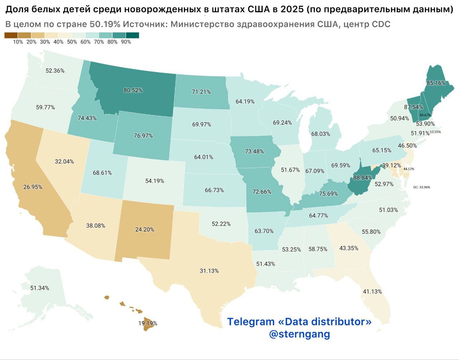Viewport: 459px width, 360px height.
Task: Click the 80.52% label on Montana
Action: point(133,90)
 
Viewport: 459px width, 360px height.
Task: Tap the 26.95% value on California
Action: point(33,187)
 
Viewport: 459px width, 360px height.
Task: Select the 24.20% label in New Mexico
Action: point(145,229)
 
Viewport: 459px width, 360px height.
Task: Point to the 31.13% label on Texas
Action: point(209,271)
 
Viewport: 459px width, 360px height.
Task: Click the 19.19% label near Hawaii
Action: point(147,323)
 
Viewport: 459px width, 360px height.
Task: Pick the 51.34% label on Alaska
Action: point(40,288)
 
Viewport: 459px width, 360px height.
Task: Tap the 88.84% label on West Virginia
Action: point(363,177)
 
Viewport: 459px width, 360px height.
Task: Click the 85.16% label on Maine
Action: point(436,83)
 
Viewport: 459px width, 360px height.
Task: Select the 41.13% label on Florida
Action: point(372,292)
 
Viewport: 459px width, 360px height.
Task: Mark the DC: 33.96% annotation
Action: point(421,187)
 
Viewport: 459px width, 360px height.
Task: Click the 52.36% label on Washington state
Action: point(55,71)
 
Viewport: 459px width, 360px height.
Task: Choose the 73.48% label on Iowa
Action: point(254,151)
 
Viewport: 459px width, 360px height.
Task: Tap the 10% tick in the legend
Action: point(18,42)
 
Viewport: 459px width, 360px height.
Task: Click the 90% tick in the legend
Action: point(126,42)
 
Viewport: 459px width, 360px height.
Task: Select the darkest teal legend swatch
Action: point(132,35)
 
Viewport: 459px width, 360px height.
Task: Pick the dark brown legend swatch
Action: point(11,35)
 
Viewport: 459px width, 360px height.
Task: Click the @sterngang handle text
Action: point(299,334)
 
